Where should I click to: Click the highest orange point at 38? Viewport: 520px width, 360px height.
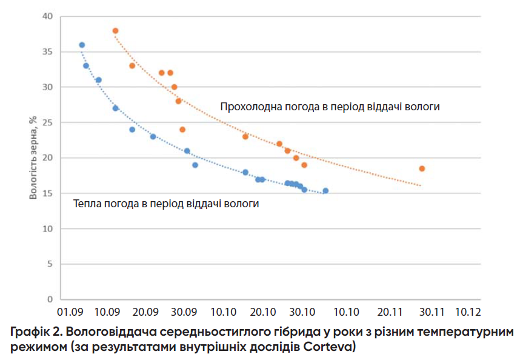[115, 31]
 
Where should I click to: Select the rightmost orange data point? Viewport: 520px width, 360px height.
[422, 168]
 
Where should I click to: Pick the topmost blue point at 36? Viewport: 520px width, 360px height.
[82, 45]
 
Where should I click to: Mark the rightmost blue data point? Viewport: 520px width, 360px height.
[325, 191]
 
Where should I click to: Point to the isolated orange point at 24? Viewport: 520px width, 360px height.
[182, 130]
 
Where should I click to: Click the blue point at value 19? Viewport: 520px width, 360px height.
[195, 165]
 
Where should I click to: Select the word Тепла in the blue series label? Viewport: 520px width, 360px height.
[86, 204]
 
